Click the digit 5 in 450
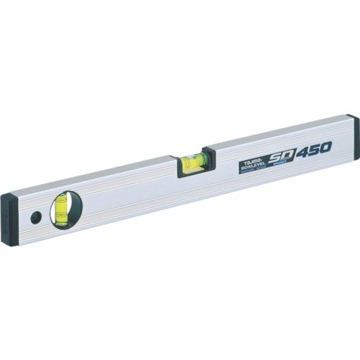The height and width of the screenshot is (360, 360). (x=315, y=148)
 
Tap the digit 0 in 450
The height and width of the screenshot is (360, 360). (x=326, y=146)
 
